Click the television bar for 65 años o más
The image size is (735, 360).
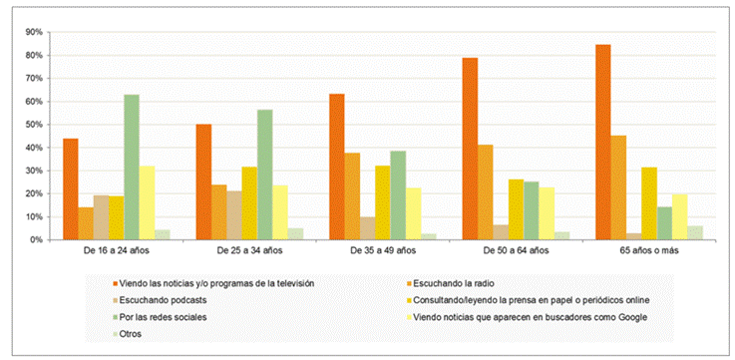click(x=602, y=142)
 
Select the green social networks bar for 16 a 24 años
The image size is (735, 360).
click(x=132, y=168)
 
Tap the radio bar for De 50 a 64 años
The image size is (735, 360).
click(x=485, y=192)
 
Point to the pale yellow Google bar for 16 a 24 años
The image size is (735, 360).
click(x=148, y=203)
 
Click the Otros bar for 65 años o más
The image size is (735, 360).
click(x=695, y=233)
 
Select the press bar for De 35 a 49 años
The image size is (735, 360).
click(x=383, y=203)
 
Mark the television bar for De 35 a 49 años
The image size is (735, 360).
click(x=336, y=167)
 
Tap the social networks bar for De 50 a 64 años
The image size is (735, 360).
click(x=532, y=211)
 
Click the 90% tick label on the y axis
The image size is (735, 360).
click(x=34, y=32)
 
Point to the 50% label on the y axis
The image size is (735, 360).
click(x=34, y=125)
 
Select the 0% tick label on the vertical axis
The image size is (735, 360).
click(x=36, y=240)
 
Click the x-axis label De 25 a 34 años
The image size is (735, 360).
click(x=250, y=250)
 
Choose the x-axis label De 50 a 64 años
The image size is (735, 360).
click(x=516, y=250)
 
